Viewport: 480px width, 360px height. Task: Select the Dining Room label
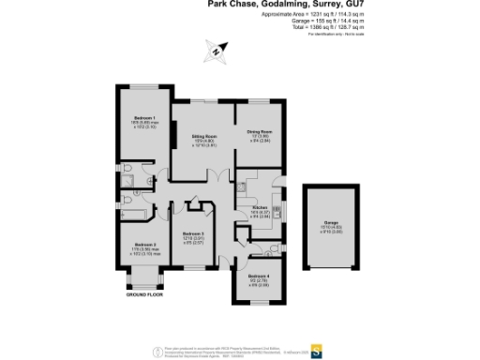click(260, 131)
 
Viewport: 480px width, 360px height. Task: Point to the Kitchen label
click(261, 207)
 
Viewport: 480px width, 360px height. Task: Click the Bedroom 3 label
click(193, 233)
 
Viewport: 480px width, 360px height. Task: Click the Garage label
click(331, 221)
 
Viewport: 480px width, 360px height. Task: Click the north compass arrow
click(219, 52)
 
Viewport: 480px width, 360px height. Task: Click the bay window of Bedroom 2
click(144, 277)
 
